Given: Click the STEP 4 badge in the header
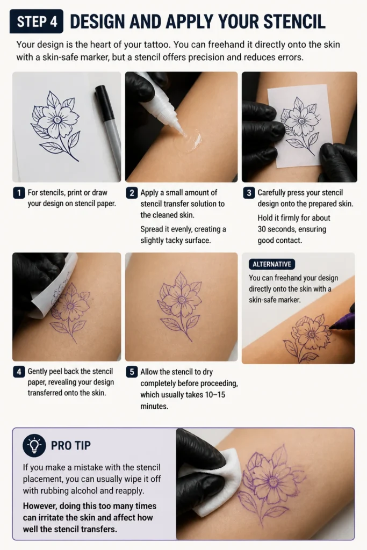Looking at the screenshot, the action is pyautogui.click(x=37, y=21).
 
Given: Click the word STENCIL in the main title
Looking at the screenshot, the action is pyautogui.click(x=294, y=21).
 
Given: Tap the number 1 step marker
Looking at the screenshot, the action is pyautogui.click(x=19, y=193).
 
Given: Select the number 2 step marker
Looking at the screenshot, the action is pyautogui.click(x=132, y=193).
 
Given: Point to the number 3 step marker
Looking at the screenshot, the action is pyautogui.click(x=249, y=193).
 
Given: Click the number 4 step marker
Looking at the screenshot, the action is pyautogui.click(x=19, y=372).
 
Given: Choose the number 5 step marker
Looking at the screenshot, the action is pyautogui.click(x=132, y=372).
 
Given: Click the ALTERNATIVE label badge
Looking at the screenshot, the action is pyautogui.click(x=272, y=264).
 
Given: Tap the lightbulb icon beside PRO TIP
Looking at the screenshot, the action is pyautogui.click(x=34, y=445).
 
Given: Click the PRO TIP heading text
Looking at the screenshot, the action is pyautogui.click(x=71, y=445).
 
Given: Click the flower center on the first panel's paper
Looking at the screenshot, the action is pyautogui.click(x=57, y=120).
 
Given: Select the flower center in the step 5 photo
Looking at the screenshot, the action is pyautogui.click(x=182, y=300).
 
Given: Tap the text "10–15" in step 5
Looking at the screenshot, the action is pyautogui.click(x=215, y=395).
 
